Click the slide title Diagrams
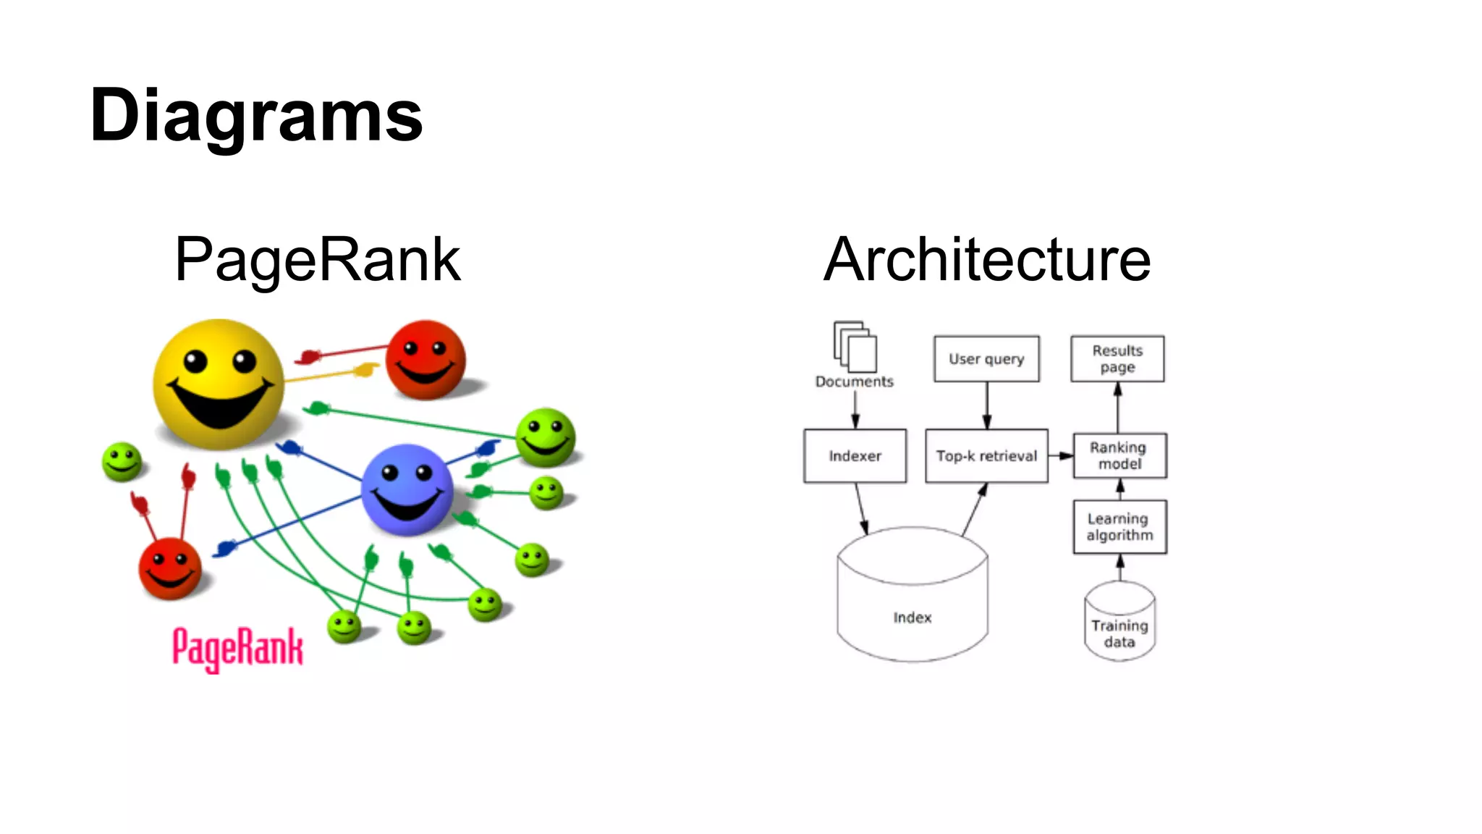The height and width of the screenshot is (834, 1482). pos(256,116)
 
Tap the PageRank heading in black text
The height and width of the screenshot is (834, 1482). pos(317,261)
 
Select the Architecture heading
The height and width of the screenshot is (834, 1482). pos(987,261)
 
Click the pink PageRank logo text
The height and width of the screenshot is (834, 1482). pos(237,648)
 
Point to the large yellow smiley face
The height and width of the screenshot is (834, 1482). pos(219,384)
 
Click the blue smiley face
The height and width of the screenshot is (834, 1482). pos(407,489)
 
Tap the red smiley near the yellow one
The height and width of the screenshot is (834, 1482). pos(425,360)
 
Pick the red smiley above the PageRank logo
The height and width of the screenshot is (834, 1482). pos(170,568)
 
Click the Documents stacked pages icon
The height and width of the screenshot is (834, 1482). pos(855,347)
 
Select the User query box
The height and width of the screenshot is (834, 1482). pos(986,359)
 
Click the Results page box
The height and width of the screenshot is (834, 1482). pos(1117,359)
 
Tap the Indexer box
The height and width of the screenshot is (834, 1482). pos(855,456)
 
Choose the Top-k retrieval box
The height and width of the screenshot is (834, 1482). pos(986,456)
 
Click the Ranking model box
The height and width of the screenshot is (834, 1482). pos(1119,456)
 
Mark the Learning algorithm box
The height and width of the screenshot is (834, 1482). pos(1119,527)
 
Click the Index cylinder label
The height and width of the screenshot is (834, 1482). pos(912,618)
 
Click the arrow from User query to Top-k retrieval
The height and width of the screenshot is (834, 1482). pos(986,405)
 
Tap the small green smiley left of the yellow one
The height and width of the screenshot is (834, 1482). pos(122,462)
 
